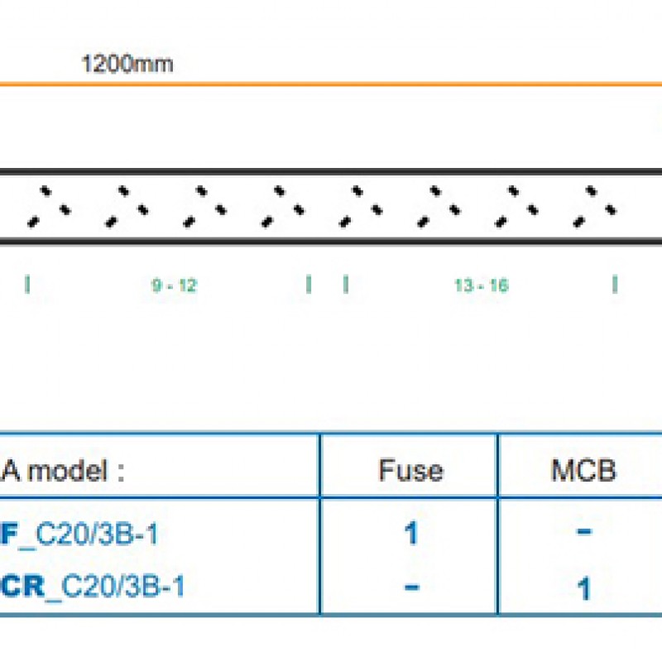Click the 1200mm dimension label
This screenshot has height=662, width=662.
point(127,64)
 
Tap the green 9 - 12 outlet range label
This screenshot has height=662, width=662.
point(174,285)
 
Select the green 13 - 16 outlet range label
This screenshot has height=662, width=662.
point(481,285)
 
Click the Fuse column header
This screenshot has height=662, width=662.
point(410,471)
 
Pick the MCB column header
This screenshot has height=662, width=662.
point(583,471)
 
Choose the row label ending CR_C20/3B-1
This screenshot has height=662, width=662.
point(92,587)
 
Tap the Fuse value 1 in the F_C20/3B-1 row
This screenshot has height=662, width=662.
point(410,534)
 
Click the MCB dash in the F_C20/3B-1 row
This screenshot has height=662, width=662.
point(583,531)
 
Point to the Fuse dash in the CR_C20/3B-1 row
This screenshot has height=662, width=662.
point(410,586)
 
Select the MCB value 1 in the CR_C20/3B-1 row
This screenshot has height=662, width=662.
point(583,588)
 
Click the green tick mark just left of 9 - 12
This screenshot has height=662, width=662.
point(27,285)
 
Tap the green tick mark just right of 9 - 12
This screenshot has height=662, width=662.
point(309,285)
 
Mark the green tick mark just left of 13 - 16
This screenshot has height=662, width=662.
point(345,285)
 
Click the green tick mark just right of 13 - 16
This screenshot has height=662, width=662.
point(614,285)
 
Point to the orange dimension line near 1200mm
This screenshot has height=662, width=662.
point(331,84)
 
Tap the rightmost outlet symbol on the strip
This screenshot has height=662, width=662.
point(593,207)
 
